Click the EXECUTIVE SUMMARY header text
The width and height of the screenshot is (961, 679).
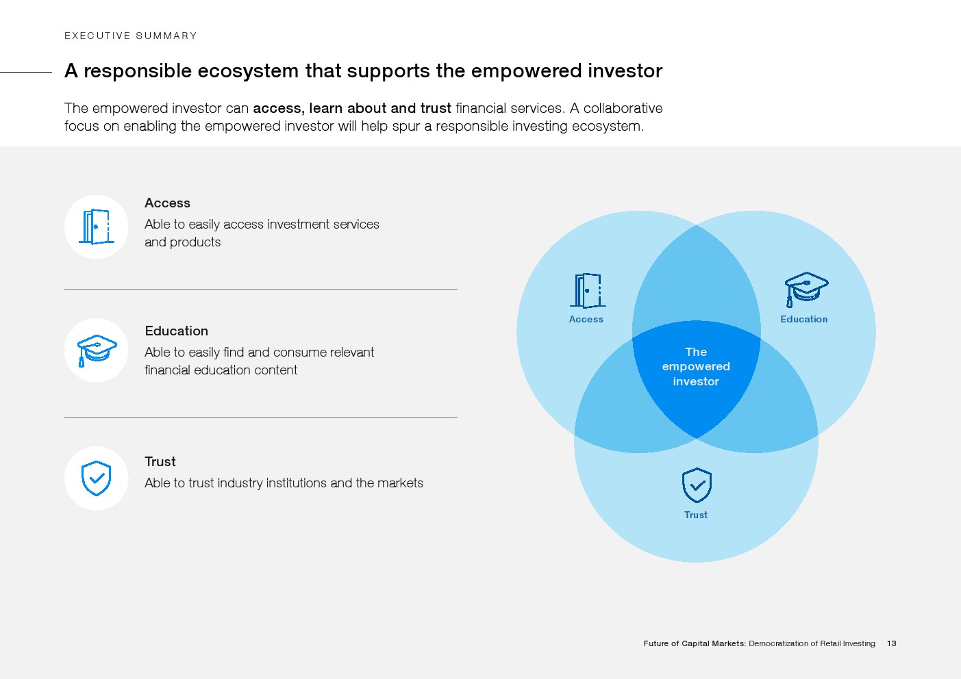pos(130,36)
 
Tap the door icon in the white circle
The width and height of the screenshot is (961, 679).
pos(97,227)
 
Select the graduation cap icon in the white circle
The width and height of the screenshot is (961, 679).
pos(97,350)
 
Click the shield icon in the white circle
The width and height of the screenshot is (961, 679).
pos(96,478)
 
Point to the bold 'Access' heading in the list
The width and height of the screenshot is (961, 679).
pos(167,203)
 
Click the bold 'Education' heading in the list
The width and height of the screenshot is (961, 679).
pos(176,331)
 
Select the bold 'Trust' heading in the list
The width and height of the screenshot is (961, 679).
pos(160,461)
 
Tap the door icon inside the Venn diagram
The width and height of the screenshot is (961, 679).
pos(588,291)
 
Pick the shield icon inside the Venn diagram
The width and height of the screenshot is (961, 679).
pos(697,485)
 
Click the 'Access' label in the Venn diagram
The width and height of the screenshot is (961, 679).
pos(586,320)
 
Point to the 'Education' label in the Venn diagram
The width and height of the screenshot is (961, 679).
pos(804,320)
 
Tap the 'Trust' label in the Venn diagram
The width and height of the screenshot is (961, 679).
pos(696,515)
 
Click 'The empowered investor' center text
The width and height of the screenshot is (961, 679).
pos(696,366)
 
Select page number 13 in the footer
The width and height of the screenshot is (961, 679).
pos(892,643)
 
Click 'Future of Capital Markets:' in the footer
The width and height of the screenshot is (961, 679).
pos(695,643)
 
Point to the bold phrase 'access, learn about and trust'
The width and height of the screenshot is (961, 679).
pos(352,108)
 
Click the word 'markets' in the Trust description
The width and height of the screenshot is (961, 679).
pos(400,483)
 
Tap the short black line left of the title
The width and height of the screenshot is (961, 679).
pos(26,72)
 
